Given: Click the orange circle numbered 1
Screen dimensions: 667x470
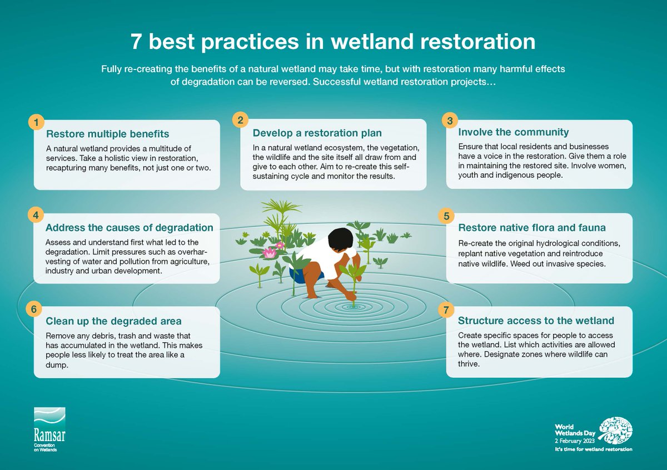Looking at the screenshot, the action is [x=36, y=122].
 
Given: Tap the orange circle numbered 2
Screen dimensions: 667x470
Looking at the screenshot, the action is [x=240, y=120].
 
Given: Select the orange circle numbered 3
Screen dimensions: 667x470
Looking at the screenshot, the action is [x=450, y=120].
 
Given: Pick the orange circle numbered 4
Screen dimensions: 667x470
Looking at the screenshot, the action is [x=36, y=215].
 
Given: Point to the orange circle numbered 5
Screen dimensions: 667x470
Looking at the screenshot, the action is [x=446, y=216].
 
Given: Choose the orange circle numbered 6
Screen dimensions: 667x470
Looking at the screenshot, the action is [x=34, y=309].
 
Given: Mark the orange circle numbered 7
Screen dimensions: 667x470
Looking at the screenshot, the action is [x=446, y=310].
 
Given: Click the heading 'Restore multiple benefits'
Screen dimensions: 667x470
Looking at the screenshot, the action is [x=107, y=134].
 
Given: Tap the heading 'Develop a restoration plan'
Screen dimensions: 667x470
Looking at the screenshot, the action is [x=317, y=133].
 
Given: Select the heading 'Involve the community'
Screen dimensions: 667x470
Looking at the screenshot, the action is [x=514, y=132].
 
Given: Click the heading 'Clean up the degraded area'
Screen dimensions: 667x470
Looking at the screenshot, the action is [x=113, y=321].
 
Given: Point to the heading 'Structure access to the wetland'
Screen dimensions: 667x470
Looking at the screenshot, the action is [x=536, y=321].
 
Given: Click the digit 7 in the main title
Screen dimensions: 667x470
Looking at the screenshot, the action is [x=136, y=41].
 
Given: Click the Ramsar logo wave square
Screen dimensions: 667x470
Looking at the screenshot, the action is [x=49, y=418].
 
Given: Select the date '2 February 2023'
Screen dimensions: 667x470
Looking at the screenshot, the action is [x=575, y=441].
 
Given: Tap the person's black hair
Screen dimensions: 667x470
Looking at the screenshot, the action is [x=341, y=240].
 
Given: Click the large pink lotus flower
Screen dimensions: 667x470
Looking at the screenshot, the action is [x=270, y=253].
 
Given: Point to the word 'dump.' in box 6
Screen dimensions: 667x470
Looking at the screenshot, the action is [x=57, y=365].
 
